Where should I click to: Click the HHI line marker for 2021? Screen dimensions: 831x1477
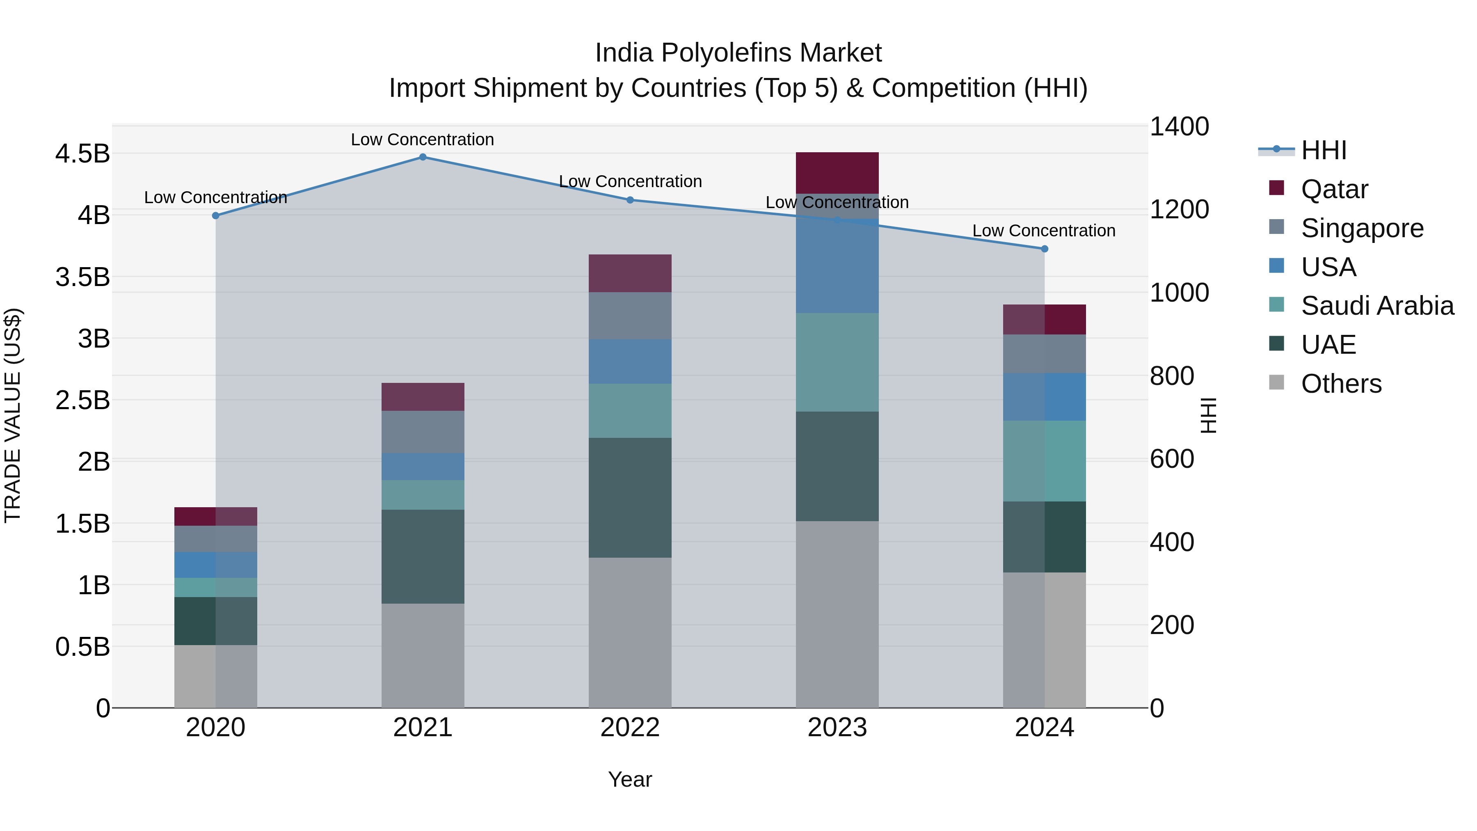pos(423,157)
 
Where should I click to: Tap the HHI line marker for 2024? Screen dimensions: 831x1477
pos(1044,249)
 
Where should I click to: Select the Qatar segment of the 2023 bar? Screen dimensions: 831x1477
pos(837,173)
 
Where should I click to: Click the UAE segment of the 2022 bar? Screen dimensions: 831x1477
pos(629,497)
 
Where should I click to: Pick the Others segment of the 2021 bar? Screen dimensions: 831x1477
pos(423,655)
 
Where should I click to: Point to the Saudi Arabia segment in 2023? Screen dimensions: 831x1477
pos(837,362)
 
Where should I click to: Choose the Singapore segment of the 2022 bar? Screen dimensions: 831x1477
pos(629,316)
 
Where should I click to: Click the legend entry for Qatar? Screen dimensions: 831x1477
pos(1334,189)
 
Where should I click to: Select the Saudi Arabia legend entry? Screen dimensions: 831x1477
pos(1376,306)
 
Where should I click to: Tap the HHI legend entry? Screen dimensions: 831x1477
pos(1323,150)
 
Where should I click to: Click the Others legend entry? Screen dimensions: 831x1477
pos(1340,384)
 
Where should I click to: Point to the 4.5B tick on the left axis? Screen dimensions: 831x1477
pos(82,154)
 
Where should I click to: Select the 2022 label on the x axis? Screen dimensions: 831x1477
pos(629,728)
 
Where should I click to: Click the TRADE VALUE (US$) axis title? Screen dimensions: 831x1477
pos(13,415)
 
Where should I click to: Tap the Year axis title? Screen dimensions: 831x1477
pos(629,779)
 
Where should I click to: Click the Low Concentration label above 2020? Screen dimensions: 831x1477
pos(215,197)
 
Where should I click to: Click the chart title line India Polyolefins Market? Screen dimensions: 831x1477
pos(738,53)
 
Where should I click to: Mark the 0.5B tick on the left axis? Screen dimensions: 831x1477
pos(82,647)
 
